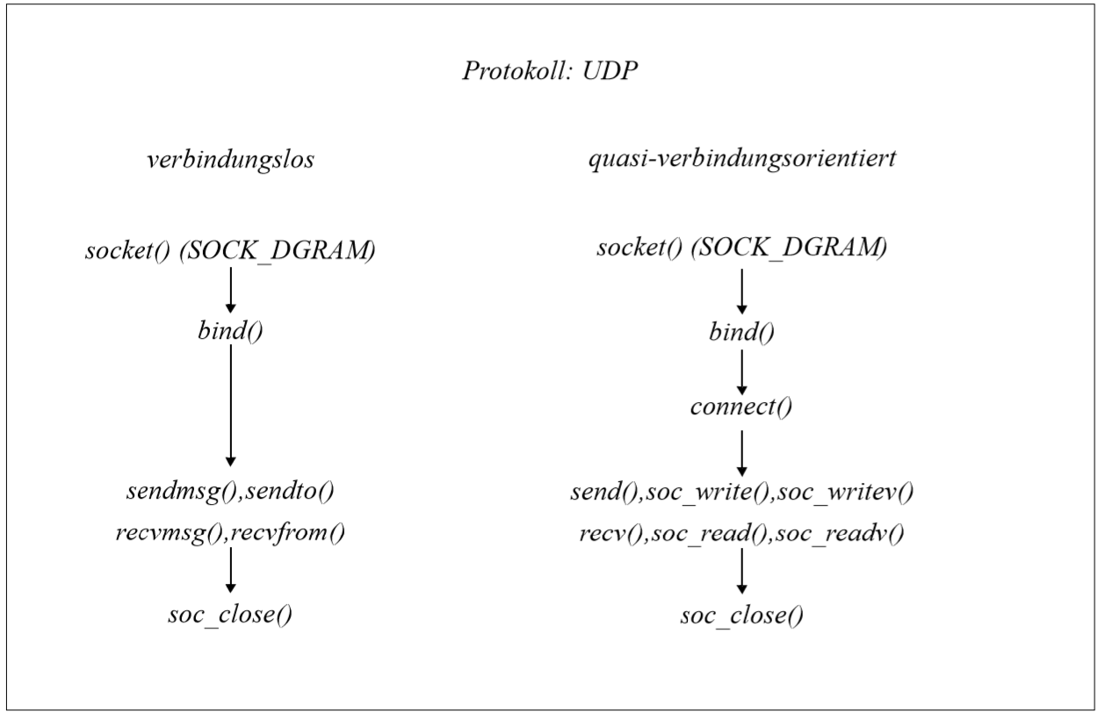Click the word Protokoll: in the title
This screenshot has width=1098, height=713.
coord(517,70)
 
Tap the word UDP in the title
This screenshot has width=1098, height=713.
coord(610,70)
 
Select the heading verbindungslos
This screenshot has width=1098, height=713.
coord(230,160)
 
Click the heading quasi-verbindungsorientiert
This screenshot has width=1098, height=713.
coord(742,159)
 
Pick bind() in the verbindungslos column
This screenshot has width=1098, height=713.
coord(230,331)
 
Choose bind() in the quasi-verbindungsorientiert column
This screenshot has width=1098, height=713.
coord(741,333)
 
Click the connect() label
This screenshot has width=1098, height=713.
coord(741,407)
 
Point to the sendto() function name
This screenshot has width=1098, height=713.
coord(289,492)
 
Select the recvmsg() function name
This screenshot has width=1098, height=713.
coord(170,533)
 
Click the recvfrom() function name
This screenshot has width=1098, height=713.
coord(287,533)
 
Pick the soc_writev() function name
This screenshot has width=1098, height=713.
coord(845,493)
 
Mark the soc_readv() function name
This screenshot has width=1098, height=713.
coord(839,534)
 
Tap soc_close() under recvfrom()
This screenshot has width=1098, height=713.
coord(230,615)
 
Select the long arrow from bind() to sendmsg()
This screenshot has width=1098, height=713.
coord(230,406)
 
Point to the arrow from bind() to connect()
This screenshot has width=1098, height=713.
coord(741,372)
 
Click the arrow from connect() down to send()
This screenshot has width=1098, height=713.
coord(741,453)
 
